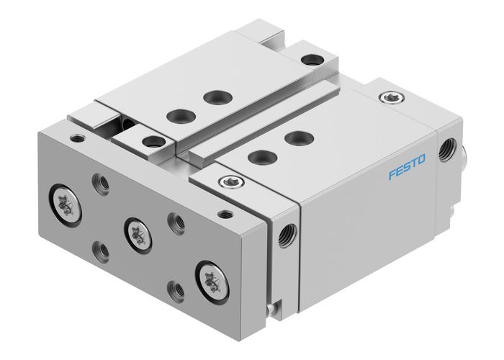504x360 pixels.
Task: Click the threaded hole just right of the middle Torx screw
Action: pos(174,219)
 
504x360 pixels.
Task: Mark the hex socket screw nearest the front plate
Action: pos(228,181)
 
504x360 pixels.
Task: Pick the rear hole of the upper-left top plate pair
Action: pos(212,95)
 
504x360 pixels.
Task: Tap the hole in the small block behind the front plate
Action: pos(152,141)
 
